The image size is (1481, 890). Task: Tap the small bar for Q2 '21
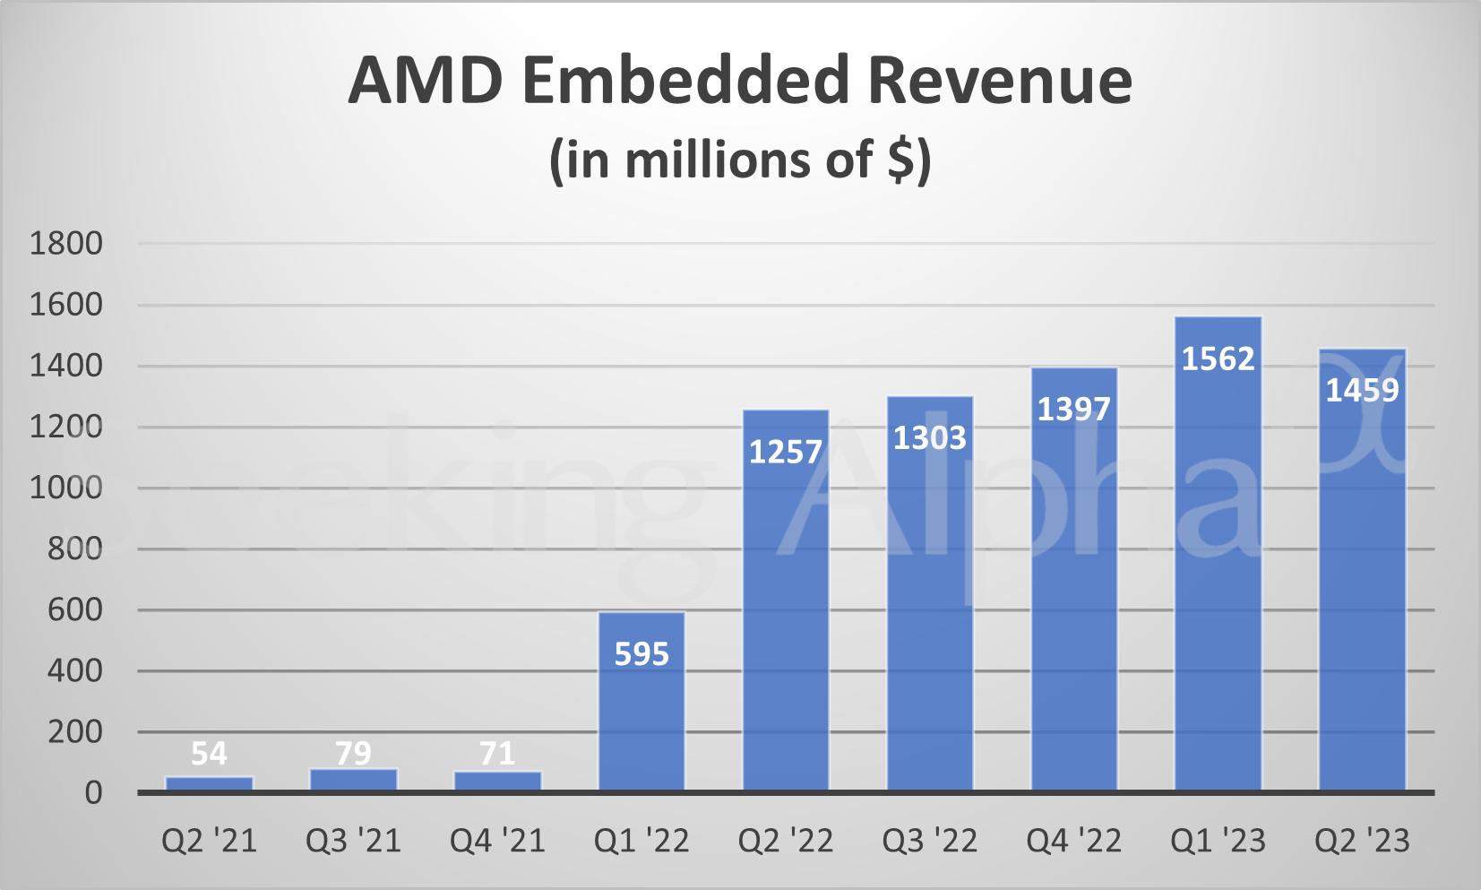click(209, 783)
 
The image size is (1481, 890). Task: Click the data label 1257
click(785, 452)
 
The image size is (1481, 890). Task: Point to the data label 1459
click(1362, 390)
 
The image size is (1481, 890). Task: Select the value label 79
click(353, 753)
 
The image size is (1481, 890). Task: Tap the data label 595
click(641, 654)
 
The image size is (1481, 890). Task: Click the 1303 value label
click(929, 437)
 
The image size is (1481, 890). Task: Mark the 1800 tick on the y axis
click(66, 243)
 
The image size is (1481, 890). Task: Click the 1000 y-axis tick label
click(66, 488)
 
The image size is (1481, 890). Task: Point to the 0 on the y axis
click(93, 793)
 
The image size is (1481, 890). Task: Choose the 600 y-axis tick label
click(75, 609)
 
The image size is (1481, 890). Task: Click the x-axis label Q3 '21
click(353, 841)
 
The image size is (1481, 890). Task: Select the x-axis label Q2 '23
click(1362, 841)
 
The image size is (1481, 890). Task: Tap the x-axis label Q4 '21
click(497, 841)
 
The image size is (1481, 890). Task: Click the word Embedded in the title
click(685, 81)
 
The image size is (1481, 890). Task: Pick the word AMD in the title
click(426, 81)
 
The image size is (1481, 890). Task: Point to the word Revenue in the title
click(999, 81)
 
